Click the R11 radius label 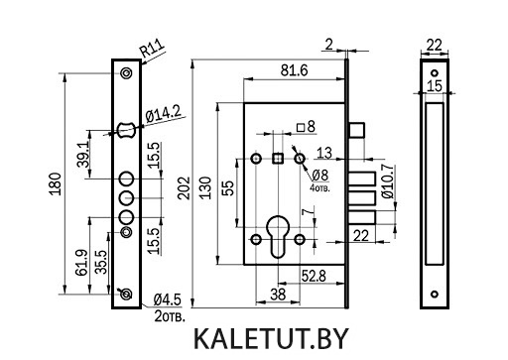[x=152, y=48]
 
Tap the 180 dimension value [x=56, y=183]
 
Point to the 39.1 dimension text [x=83, y=155]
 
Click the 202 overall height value [x=184, y=188]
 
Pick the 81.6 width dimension [x=294, y=70]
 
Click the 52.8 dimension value [x=314, y=276]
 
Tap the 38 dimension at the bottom [x=278, y=295]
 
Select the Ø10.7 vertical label [x=388, y=181]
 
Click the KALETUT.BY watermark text [x=271, y=339]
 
